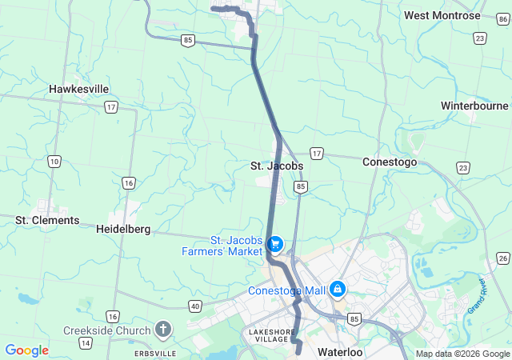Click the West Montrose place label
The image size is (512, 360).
tap(442, 15)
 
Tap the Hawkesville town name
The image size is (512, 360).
tap(79, 89)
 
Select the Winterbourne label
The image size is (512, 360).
tap(474, 106)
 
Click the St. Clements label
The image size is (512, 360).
tap(47, 220)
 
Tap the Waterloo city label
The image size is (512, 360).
tap(340, 352)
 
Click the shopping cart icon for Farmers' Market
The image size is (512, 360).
tap(275, 242)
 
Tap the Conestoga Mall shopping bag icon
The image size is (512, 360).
tap(338, 288)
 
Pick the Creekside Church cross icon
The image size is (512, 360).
tap(163, 329)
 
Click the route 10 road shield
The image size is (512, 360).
tap(54, 162)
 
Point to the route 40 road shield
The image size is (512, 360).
tap(195, 306)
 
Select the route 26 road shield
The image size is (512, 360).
tap(502, 258)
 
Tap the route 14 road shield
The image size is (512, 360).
tap(85, 343)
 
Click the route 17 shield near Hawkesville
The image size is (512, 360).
tap(110, 106)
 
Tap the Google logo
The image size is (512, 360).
tap(26, 350)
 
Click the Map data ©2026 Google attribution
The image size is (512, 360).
tap(462, 354)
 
